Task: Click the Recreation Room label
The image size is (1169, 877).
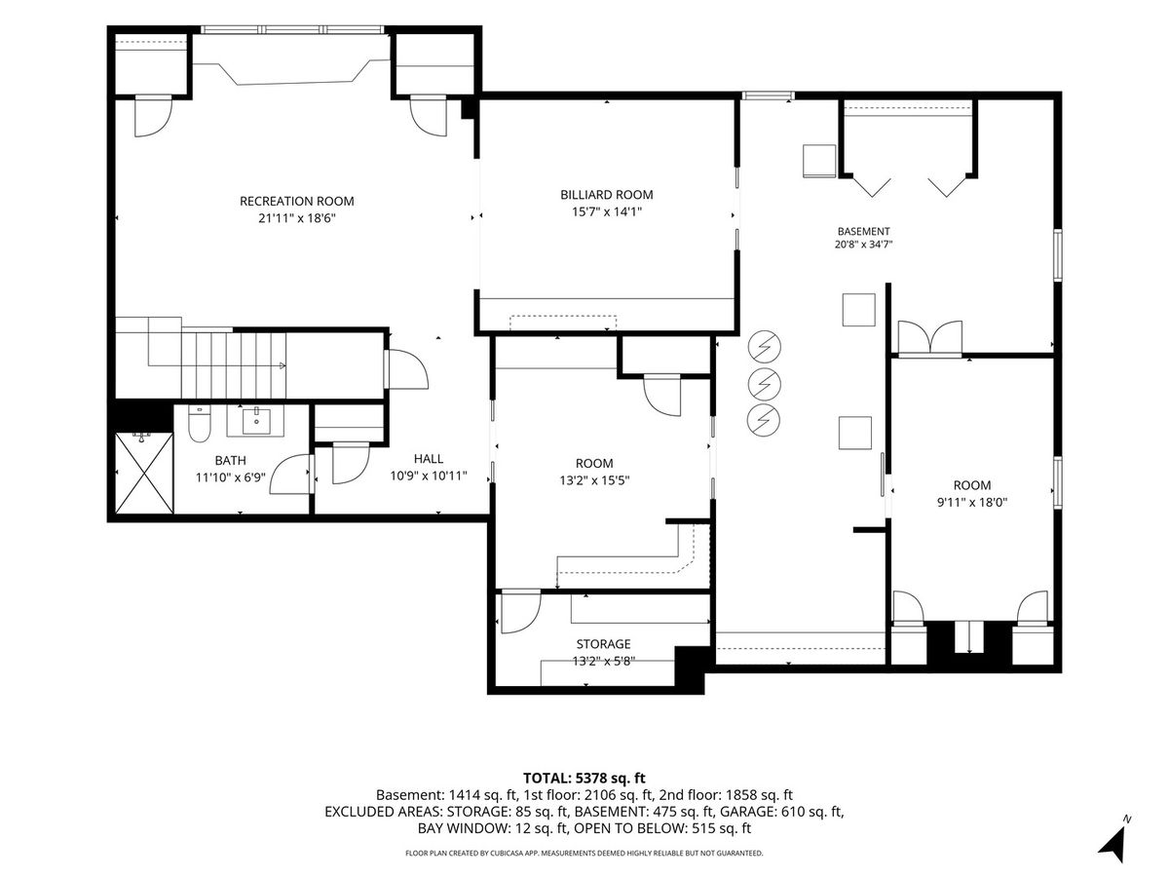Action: click(x=297, y=202)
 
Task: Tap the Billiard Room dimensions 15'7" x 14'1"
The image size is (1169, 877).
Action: click(x=607, y=211)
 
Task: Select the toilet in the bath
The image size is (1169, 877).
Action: click(x=200, y=424)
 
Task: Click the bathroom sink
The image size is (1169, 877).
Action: click(x=256, y=421)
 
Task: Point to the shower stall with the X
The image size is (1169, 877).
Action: click(x=144, y=474)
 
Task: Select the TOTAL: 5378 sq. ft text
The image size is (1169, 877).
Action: click(x=584, y=778)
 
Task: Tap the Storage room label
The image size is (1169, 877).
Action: click(x=603, y=644)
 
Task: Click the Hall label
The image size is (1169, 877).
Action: click(x=429, y=458)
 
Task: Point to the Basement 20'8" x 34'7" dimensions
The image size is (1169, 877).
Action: click(x=863, y=245)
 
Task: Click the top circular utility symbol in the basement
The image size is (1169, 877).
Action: click(x=765, y=347)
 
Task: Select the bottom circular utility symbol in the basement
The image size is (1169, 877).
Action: click(x=765, y=420)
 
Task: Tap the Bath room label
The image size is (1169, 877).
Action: click(x=231, y=460)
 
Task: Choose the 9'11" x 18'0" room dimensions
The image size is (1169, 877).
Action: click(x=972, y=502)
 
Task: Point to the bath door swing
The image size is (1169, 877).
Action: click(x=290, y=475)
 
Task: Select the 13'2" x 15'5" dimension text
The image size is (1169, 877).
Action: click(x=594, y=480)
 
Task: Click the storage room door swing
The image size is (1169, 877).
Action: click(x=521, y=612)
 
